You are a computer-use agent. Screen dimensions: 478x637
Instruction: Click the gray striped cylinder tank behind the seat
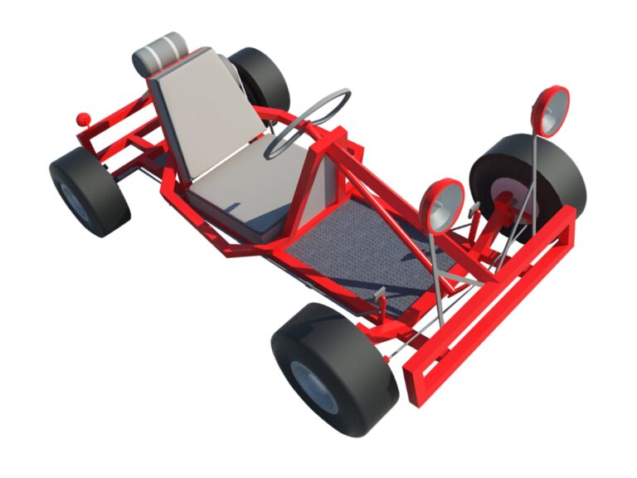[159, 54]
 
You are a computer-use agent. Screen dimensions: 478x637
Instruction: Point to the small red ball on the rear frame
[82, 119]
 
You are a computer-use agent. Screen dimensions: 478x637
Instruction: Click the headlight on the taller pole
[551, 111]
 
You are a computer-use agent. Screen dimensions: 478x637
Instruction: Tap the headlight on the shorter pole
[441, 206]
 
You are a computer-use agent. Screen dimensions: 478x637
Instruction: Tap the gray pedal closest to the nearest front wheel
[380, 294]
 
